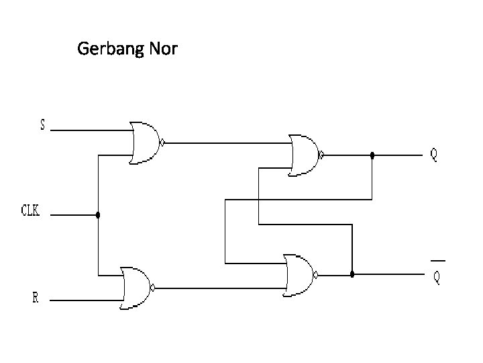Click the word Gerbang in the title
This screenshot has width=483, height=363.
click(106, 50)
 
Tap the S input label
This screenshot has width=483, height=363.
click(43, 124)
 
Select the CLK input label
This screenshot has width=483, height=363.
click(31, 211)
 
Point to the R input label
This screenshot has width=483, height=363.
click(36, 298)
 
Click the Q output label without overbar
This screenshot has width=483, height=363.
click(434, 155)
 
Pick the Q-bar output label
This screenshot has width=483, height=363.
click(437, 277)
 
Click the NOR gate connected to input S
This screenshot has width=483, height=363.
click(145, 143)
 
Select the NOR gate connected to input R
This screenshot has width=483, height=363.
click(136, 288)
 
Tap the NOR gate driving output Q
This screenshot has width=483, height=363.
click(305, 155)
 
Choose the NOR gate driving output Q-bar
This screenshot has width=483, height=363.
click(299, 275)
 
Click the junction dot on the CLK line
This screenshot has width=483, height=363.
click(98, 216)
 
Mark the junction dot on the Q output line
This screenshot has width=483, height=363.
click(372, 155)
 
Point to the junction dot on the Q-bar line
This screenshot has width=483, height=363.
click(352, 274)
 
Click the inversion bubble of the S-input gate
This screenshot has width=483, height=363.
click(162, 143)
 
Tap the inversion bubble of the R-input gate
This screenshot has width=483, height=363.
click(154, 288)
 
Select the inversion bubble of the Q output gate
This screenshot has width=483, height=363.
click(322, 155)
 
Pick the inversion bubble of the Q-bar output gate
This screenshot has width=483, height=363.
click(317, 274)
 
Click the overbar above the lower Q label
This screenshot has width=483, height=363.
click(437, 259)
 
